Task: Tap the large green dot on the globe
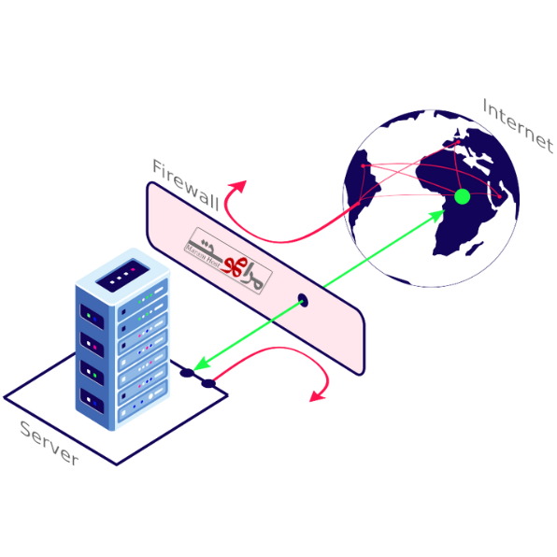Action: [x=461, y=197]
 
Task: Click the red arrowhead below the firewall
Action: [x=316, y=396]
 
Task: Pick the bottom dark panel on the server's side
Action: [x=94, y=403]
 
